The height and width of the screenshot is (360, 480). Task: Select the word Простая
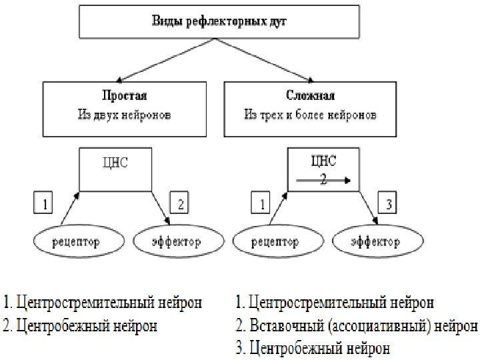(x=125, y=95)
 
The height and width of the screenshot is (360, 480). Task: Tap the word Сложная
(x=311, y=95)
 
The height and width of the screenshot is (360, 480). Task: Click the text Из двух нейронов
(x=125, y=115)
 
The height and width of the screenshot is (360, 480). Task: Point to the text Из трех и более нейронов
(x=311, y=115)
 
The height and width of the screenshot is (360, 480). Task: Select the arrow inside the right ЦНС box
(x=323, y=179)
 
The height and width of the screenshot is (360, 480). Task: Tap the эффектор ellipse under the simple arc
(x=175, y=242)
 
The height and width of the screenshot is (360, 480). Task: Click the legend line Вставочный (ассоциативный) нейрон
(x=357, y=327)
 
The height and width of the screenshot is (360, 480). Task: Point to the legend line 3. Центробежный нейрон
(x=313, y=348)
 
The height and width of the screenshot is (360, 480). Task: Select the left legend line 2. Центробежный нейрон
(x=81, y=327)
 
